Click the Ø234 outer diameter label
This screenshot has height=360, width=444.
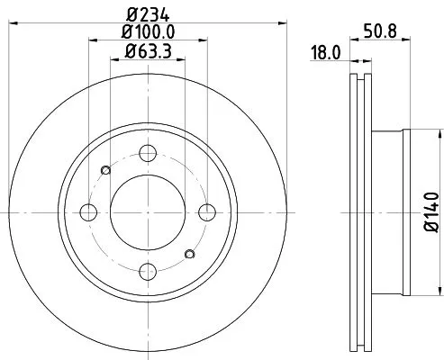[x=149, y=13]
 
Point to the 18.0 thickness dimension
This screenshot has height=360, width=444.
[x=324, y=53]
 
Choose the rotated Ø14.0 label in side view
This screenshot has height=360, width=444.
[x=432, y=212]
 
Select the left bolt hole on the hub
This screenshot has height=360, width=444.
[x=89, y=212]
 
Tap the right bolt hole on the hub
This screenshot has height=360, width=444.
[x=207, y=212]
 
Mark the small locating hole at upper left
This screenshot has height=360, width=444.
[x=105, y=170]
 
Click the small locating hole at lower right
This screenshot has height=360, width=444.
[x=188, y=255]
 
